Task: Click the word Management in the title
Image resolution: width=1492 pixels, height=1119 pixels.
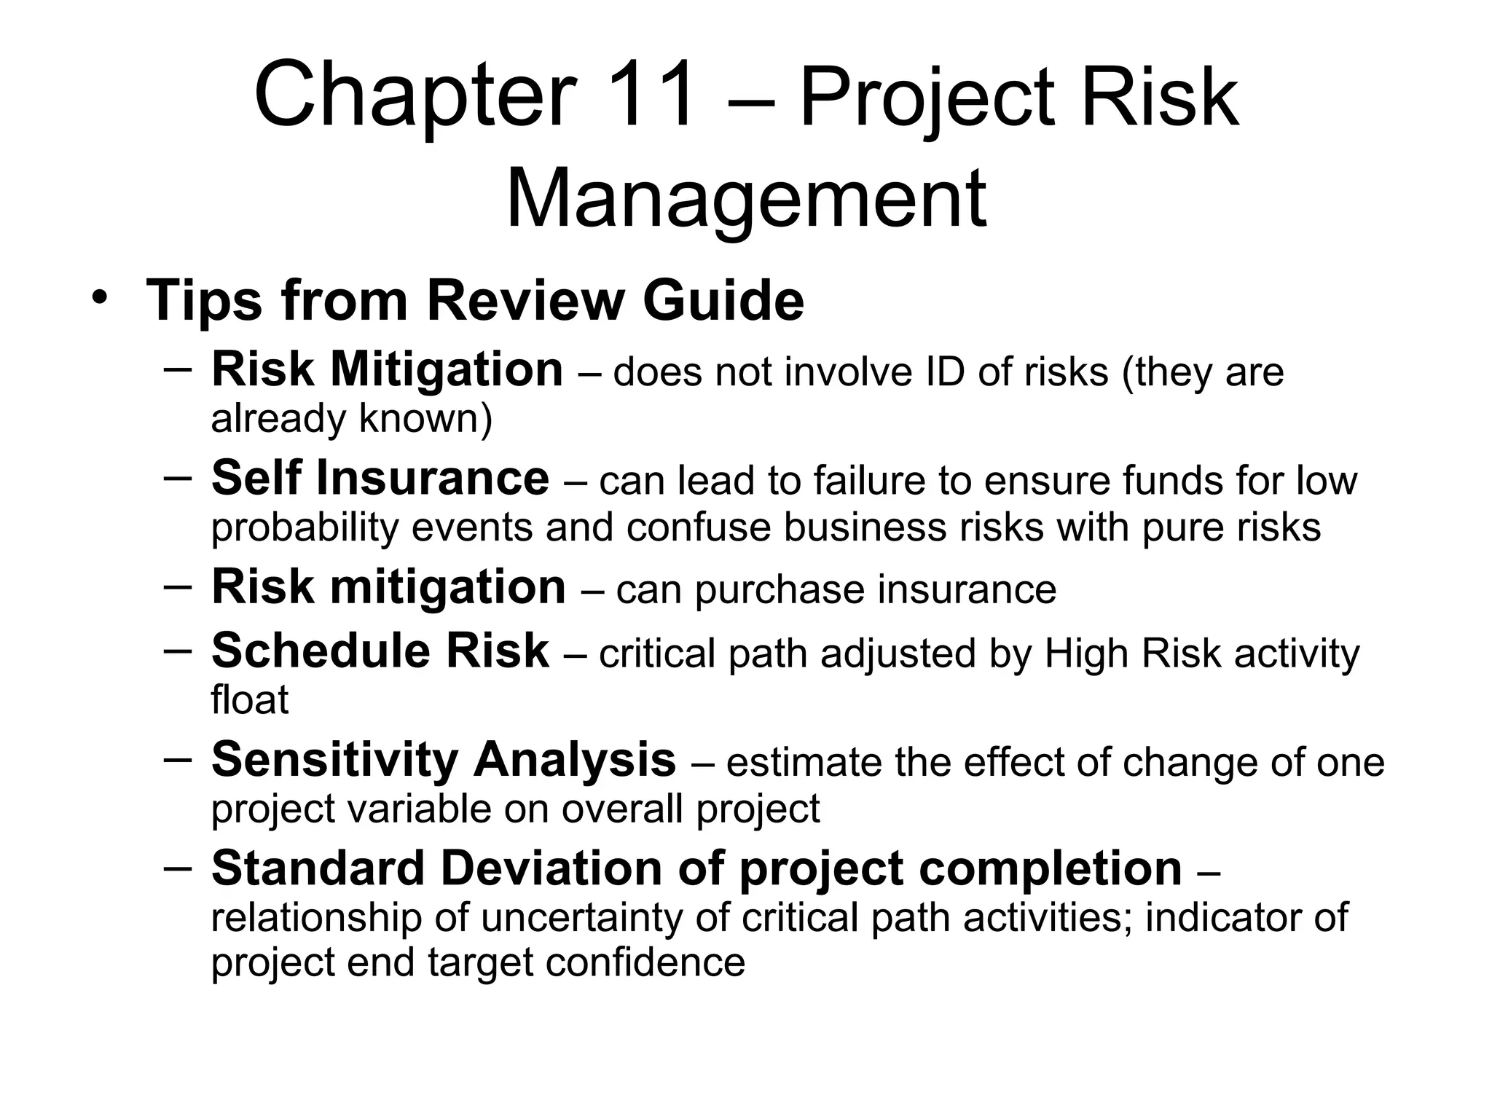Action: coord(746,198)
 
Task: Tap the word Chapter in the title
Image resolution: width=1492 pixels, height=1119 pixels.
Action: coord(413,96)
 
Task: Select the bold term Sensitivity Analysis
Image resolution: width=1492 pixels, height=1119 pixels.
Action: coord(443,759)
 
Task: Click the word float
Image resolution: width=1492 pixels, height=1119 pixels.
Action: coord(249,699)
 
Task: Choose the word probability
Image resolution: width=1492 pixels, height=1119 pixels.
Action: coord(305,527)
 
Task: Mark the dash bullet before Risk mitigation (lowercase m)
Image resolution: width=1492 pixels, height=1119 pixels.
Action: coord(178,586)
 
